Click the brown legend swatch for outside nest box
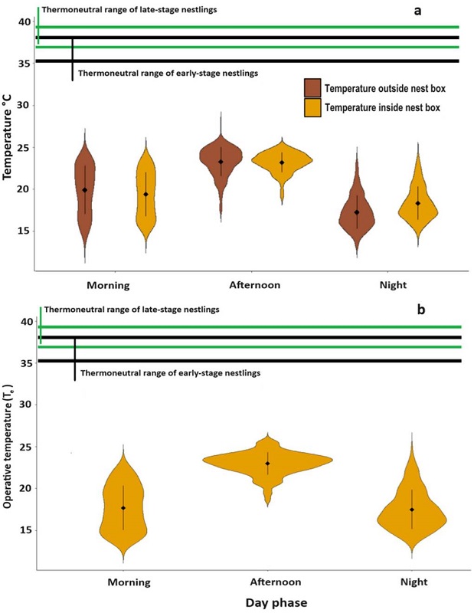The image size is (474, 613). (312, 88)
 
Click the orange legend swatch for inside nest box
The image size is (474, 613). (312, 107)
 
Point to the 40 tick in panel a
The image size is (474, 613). (22, 21)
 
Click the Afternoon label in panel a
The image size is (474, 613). (254, 285)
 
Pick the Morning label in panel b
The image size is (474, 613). (129, 582)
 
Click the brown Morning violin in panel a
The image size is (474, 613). (85, 192)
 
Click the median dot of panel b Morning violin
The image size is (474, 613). (123, 508)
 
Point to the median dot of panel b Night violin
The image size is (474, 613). (412, 510)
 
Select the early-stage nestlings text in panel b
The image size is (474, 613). (170, 373)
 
